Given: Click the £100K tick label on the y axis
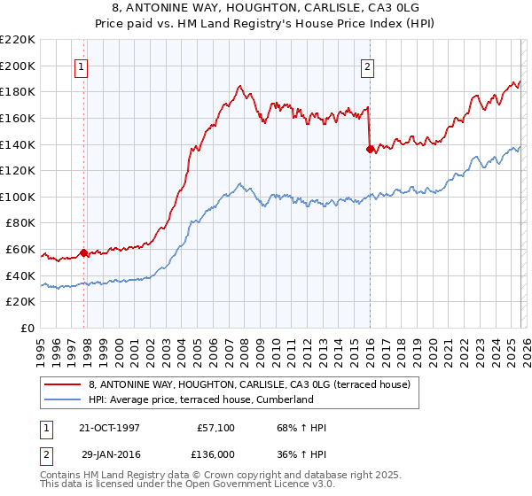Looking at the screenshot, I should (18, 197).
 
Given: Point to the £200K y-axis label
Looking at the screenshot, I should (18, 66).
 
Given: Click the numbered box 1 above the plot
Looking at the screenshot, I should (81, 66).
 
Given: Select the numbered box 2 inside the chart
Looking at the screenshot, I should (367, 66).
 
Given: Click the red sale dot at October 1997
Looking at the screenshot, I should (84, 252).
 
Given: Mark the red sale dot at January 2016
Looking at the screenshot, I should (370, 149).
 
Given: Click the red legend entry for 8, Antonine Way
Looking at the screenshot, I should (248, 385).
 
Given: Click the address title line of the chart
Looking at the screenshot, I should (266, 7).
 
